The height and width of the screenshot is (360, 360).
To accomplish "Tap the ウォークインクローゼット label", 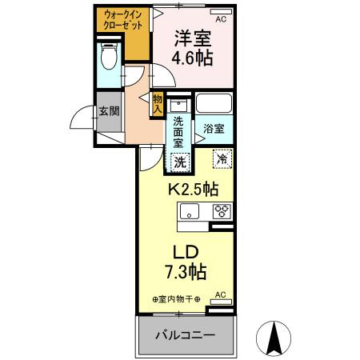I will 122,19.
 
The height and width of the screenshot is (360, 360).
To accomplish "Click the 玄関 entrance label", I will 109,111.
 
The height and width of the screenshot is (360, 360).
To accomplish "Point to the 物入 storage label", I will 157,103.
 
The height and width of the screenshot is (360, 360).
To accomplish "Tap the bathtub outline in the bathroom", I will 214,105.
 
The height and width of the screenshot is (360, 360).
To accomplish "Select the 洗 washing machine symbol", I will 180,161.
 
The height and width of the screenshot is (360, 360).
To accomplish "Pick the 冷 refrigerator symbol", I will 222,159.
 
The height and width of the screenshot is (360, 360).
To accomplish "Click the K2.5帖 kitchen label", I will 192,190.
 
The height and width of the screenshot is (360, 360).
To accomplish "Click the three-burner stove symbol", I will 221,212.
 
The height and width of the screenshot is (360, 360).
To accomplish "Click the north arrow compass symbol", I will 273,339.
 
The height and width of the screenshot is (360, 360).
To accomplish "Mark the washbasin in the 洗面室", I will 180,106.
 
